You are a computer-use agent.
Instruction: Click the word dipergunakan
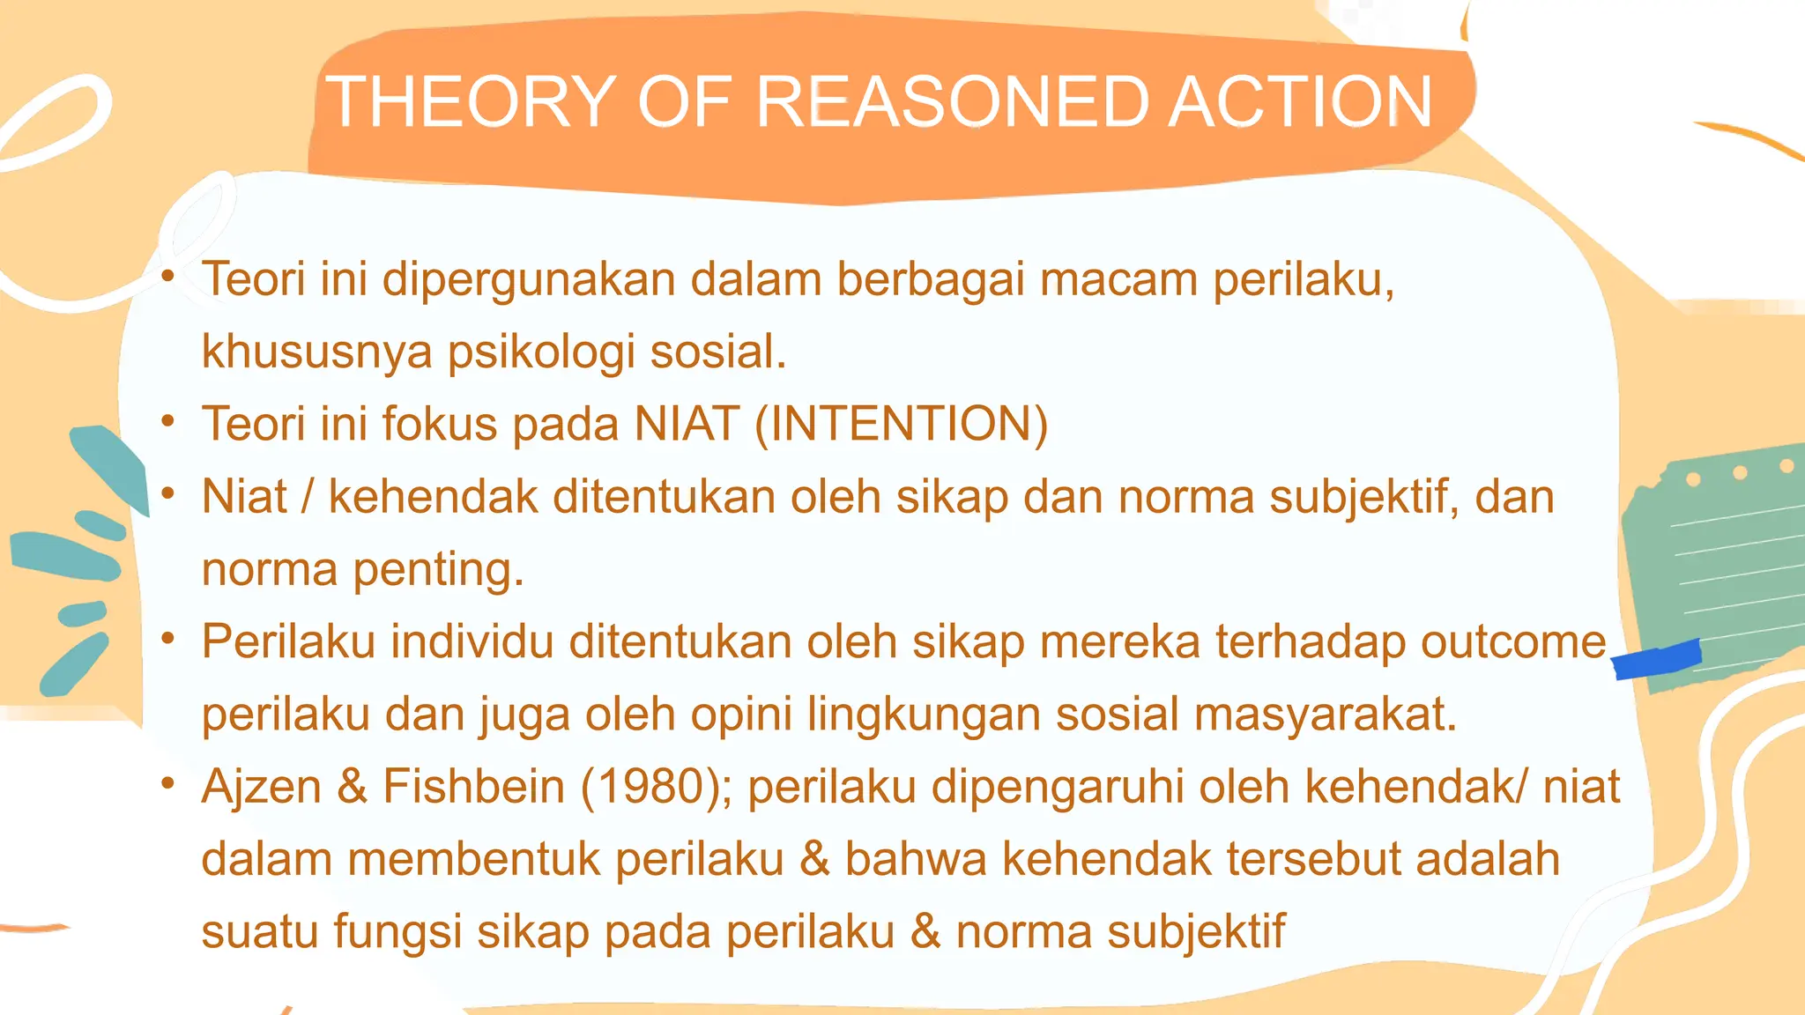click(x=528, y=281)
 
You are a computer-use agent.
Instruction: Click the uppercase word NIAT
click(x=687, y=424)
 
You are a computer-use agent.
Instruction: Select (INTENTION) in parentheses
click(x=902, y=424)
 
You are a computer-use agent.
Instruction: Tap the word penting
click(x=438, y=571)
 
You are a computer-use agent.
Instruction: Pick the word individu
click(x=472, y=641)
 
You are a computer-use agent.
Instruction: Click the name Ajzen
click(x=262, y=786)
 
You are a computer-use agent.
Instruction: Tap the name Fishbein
click(x=473, y=786)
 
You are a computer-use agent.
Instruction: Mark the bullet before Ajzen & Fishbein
click(x=168, y=782)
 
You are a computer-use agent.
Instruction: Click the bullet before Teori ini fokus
click(x=168, y=420)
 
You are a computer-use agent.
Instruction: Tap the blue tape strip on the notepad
click(x=1656, y=659)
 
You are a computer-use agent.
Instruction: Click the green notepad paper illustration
click(x=1719, y=564)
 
